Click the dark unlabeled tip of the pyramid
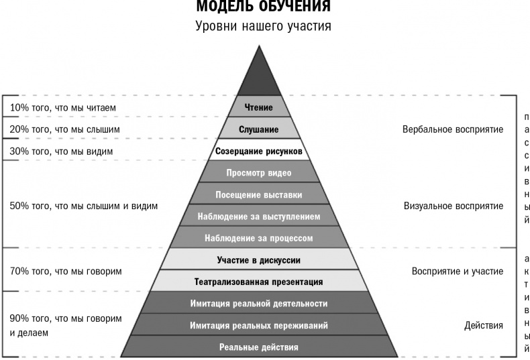coord(259,78)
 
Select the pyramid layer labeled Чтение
coord(259,107)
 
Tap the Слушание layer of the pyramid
coord(259,128)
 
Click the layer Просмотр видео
coord(259,172)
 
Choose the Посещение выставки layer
coord(259,194)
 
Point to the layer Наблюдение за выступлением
coord(259,215)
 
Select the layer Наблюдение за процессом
coord(259,237)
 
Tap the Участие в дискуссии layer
coord(259,259)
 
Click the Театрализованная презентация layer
coord(259,281)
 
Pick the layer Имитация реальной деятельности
coord(259,302)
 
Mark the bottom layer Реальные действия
coord(259,346)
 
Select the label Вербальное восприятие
coord(453,129)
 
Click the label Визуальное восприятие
coord(454,206)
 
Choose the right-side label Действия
coord(483,326)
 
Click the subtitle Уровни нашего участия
coord(263,26)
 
